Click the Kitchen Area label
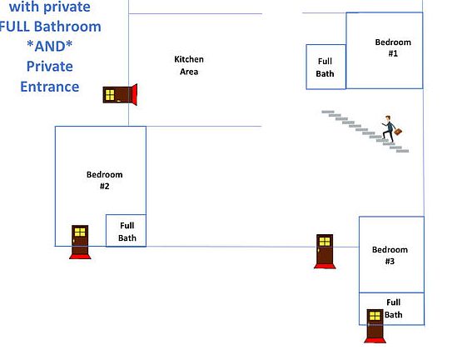(x=189, y=65)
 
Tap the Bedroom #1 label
(x=393, y=47)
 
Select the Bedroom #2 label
(x=104, y=180)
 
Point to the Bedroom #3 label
(x=390, y=255)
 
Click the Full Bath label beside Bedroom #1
(x=325, y=67)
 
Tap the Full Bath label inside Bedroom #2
(x=127, y=232)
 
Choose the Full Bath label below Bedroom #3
(x=394, y=308)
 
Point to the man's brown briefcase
(x=398, y=132)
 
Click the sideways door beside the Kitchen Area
(x=120, y=95)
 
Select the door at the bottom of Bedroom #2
(x=80, y=242)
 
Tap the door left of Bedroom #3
(x=325, y=251)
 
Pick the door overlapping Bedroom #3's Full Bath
(x=375, y=326)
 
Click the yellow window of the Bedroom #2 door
(x=80, y=232)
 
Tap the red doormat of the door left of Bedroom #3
(x=325, y=266)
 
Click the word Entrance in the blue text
(x=50, y=87)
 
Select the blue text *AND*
(x=50, y=46)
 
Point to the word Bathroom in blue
(x=67, y=27)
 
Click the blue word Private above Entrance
(x=50, y=67)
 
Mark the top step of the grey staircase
(x=328, y=112)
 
